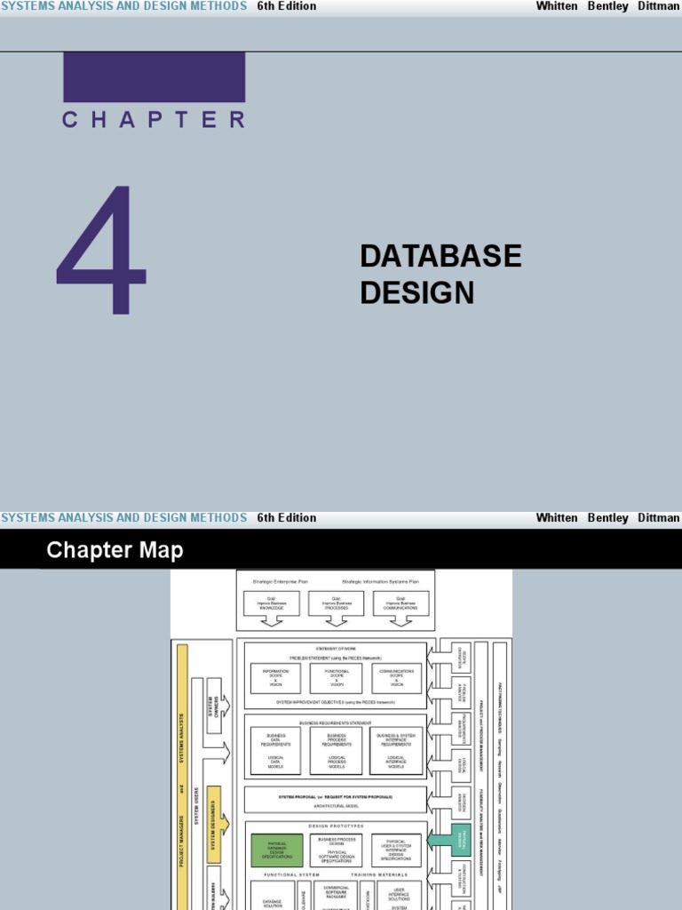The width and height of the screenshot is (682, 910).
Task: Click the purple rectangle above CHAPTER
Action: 154,76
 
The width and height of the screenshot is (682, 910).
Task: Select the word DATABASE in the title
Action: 440,256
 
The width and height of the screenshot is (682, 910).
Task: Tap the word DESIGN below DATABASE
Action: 416,292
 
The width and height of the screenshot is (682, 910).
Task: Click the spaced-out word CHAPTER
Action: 154,120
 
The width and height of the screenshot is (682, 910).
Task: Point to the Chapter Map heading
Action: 115,550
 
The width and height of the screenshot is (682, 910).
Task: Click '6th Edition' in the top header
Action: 286,6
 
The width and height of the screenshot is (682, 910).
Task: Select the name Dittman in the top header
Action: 658,6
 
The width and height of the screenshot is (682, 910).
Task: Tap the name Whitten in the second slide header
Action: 556,517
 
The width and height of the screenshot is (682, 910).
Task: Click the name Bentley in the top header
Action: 607,6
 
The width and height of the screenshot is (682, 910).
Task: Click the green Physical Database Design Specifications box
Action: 276,850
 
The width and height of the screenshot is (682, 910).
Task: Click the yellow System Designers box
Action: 213,811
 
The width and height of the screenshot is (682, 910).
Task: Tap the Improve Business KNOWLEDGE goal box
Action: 272,603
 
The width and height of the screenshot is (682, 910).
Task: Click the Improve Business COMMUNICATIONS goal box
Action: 400,603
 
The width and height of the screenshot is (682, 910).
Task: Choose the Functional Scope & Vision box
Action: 336,678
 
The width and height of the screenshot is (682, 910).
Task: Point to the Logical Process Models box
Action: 336,761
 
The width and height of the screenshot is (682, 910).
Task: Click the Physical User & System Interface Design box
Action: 396,850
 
